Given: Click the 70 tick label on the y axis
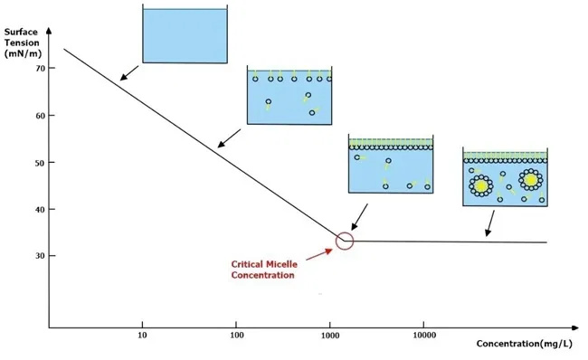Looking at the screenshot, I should [39, 69].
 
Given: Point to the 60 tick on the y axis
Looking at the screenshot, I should [39, 116].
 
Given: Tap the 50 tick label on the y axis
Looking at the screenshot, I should [39, 162].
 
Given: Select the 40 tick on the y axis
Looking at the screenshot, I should [39, 209].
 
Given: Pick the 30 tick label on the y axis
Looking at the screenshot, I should [39, 256].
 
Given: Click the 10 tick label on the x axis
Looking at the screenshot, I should [142, 336].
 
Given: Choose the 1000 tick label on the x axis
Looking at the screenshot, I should [331, 336].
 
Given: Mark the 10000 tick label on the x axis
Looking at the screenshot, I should [425, 336].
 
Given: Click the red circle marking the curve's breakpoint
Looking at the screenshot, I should [345, 241].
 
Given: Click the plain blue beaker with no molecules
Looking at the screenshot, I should [185, 36].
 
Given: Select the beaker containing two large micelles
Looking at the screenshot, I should [504, 178].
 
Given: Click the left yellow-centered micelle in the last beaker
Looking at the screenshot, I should [479, 185].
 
